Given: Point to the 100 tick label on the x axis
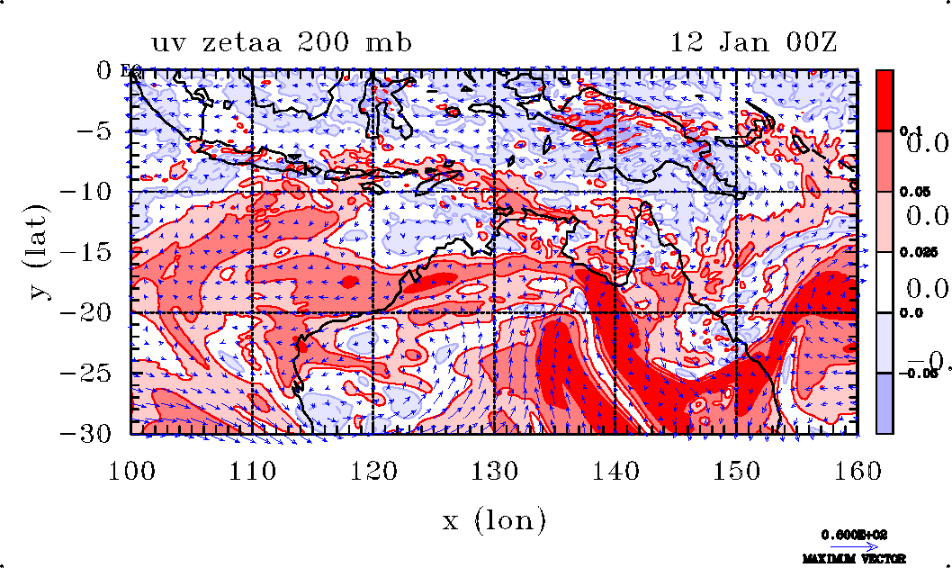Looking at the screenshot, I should (x=132, y=469).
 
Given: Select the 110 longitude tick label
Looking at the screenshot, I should (x=253, y=469).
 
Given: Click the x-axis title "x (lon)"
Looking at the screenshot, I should (x=494, y=519).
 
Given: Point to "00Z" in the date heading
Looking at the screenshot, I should (x=805, y=43).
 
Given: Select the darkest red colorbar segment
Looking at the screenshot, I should (x=885, y=100).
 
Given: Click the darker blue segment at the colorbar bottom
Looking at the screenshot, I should (x=885, y=403).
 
